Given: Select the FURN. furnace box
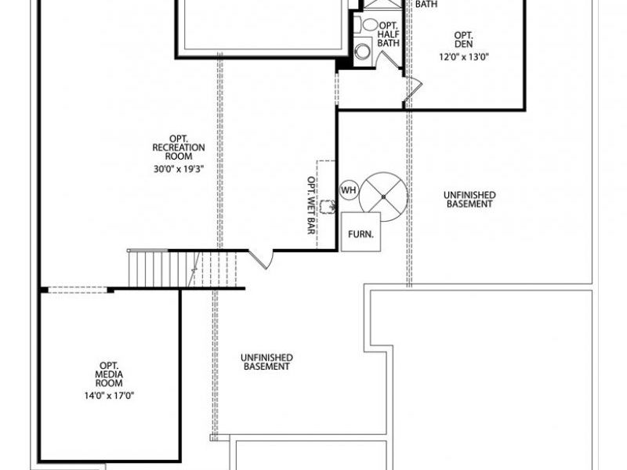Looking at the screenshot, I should tap(361, 232).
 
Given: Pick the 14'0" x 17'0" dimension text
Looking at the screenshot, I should tap(109, 395).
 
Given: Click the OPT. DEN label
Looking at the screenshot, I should tap(463, 39).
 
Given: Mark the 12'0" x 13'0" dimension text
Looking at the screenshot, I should tap(463, 56).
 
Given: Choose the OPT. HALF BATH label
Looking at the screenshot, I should tap(389, 33).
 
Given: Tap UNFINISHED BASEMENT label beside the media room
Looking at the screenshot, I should tap(266, 361).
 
